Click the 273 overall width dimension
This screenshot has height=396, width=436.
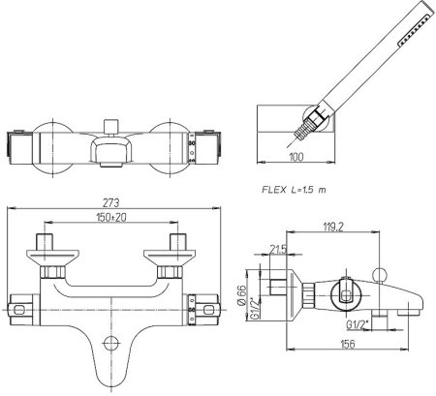[111, 203]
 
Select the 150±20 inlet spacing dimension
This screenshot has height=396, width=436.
[111, 218]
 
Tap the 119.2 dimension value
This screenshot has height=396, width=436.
[333, 228]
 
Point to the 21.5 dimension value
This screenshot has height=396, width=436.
[278, 250]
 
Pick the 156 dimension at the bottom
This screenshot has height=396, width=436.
[348, 344]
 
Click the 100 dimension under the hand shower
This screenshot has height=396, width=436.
[296, 157]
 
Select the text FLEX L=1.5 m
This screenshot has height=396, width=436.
[294, 190]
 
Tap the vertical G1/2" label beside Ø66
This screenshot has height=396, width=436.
[255, 309]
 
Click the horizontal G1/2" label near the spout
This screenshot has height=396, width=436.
[358, 324]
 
